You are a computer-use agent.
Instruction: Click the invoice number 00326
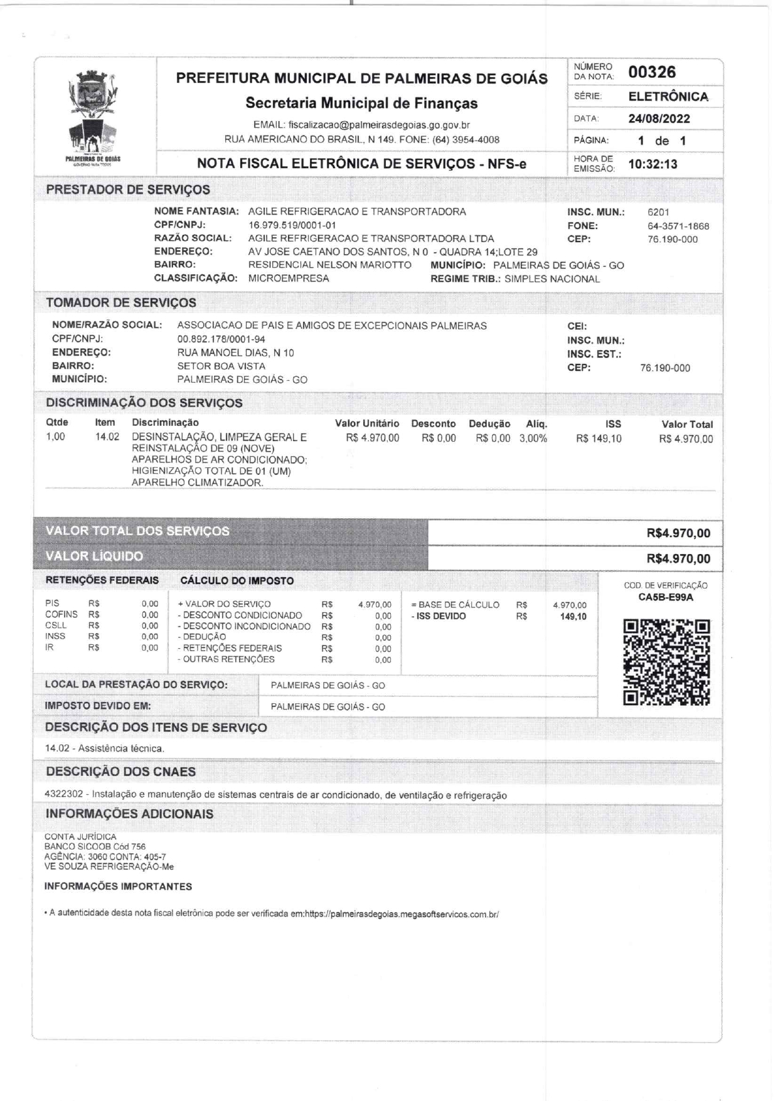pos(652,72)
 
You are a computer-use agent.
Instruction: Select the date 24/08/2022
pos(659,119)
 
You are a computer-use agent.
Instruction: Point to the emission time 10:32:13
pos(653,164)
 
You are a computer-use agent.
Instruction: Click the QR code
pos(667,662)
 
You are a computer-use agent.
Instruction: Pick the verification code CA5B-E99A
pos(665,597)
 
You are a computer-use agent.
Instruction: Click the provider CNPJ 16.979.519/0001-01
pos(292,225)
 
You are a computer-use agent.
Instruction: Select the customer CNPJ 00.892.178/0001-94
pos(221,339)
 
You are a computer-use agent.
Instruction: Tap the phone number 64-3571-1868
pos(678,226)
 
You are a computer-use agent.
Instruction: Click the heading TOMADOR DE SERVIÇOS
pos(121,302)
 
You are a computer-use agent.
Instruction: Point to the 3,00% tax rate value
pos(533,439)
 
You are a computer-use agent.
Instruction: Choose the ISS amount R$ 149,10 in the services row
pos(599,439)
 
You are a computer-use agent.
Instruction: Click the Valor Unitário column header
pos(367,424)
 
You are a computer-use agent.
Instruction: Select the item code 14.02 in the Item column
pos(107,437)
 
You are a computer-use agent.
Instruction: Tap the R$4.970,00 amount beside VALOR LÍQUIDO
pos(678,559)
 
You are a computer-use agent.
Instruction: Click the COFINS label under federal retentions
pos(61,615)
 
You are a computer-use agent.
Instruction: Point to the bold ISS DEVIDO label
pos(441,616)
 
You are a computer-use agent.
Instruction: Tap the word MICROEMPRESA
pos(289,279)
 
